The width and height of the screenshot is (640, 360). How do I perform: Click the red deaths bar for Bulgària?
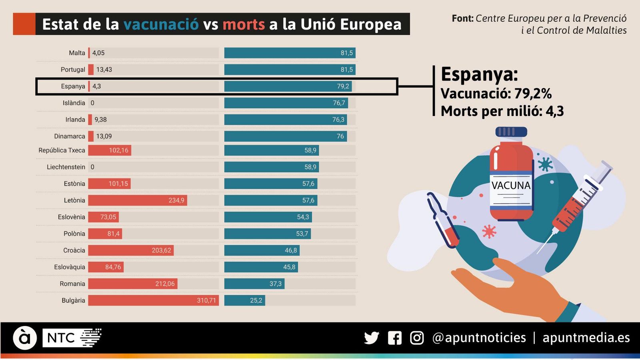click(x=153, y=300)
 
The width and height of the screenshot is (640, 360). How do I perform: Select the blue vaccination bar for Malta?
click(x=290, y=53)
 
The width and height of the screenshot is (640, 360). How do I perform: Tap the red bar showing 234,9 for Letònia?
click(x=137, y=200)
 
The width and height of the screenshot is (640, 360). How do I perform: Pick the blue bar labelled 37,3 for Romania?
click(x=254, y=284)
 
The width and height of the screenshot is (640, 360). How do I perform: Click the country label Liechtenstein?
click(x=66, y=167)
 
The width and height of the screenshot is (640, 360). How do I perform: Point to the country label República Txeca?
click(x=62, y=150)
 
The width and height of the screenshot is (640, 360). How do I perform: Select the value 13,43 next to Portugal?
click(x=104, y=70)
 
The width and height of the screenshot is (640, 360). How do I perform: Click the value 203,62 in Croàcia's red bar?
click(x=161, y=250)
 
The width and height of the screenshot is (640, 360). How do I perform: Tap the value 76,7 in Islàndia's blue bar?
click(x=339, y=103)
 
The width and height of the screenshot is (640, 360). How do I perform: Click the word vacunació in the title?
click(x=161, y=24)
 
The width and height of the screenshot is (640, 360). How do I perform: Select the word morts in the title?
click(x=244, y=24)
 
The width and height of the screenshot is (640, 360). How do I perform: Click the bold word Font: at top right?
click(x=462, y=18)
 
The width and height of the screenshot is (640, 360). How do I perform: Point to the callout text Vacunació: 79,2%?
click(x=496, y=94)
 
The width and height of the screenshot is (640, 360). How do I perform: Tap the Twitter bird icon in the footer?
click(x=372, y=338)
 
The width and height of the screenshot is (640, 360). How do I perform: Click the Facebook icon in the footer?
click(x=394, y=338)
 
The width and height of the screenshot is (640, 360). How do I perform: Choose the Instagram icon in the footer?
click(x=417, y=338)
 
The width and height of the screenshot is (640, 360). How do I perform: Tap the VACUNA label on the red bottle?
click(x=511, y=186)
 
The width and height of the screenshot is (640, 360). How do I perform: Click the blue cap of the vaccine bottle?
click(x=511, y=132)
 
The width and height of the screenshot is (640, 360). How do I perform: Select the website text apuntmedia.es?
click(x=586, y=338)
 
